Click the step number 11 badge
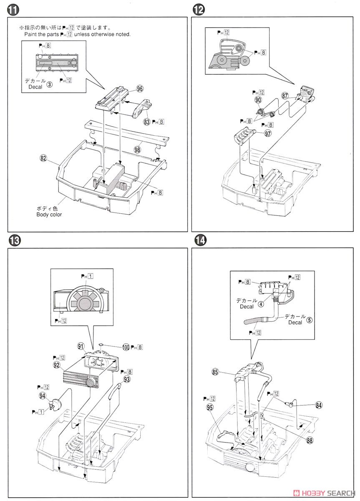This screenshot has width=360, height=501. tap(13, 10)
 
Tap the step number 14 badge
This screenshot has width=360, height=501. tap(200, 240)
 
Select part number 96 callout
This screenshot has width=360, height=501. tap(140, 89)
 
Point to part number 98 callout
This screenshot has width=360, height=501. tap(137, 149)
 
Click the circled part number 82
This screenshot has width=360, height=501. tap(43, 158)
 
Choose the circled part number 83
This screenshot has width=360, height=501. tap(146, 122)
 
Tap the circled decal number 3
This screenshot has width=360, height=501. tap(50, 84)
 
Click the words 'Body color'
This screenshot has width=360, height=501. tap(49, 215)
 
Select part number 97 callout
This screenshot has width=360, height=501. tap(267, 134)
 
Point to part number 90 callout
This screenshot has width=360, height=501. tap(258, 100)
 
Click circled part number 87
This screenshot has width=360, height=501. tap(284, 96)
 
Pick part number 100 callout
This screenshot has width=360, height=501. tap(126, 347)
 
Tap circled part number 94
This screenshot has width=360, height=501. tap(42, 396)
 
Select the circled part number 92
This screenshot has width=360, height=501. tap(57, 365)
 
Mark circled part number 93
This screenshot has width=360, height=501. tap(127, 379)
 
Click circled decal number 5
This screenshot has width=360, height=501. tap(309, 320)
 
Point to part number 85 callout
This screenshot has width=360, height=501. tap(215, 372)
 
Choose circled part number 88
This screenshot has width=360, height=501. tap(310, 440)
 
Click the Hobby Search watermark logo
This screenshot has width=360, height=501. tap(324, 493)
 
